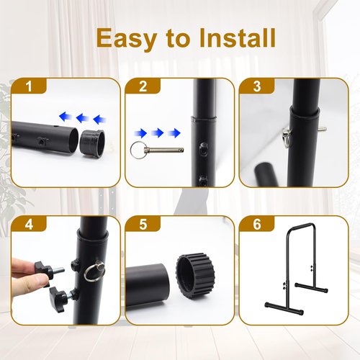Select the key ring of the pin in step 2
tap(138, 150)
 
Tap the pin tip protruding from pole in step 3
tap(320, 129)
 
